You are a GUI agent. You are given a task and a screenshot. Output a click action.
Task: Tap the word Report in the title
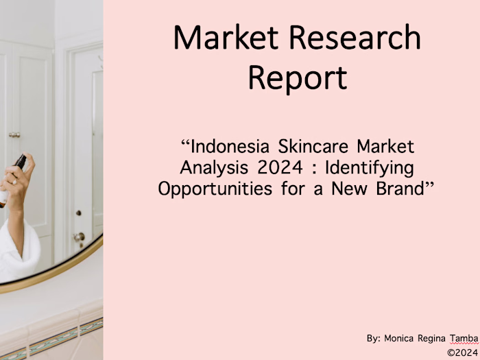pyautogui.click(x=297, y=77)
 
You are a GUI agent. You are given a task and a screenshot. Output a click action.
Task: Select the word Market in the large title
pyautogui.click(x=218, y=38)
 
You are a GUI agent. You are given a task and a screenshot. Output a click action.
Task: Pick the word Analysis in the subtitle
pyautogui.click(x=210, y=167)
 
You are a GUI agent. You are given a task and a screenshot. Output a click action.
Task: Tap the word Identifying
pyautogui.click(x=367, y=167)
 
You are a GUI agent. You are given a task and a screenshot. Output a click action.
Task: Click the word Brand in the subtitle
pyautogui.click(x=403, y=189)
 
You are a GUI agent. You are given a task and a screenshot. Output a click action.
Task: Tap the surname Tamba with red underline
pyautogui.click(x=464, y=338)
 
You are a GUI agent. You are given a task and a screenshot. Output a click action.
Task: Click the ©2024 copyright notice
pyautogui.click(x=462, y=352)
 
